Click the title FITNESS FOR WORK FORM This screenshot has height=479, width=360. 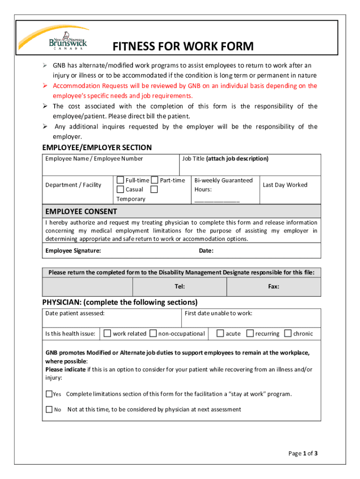183,47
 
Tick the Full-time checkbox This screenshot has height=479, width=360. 120,180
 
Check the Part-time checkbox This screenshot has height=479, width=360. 155,180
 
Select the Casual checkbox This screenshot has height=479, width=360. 120,189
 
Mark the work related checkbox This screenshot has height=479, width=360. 108,334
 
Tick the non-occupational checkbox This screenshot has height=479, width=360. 153,334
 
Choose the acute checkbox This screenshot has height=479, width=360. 220,334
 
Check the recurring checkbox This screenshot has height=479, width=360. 250,334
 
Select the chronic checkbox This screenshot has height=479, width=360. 288,334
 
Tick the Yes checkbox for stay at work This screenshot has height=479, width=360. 49,394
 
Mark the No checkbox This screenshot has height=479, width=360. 49,409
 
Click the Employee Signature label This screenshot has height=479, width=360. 73,251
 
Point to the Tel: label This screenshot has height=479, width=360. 180,286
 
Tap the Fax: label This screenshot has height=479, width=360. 274,286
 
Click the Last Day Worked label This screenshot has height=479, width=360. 285,185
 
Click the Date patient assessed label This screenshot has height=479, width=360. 75,313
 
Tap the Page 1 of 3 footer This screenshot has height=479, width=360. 303,453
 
